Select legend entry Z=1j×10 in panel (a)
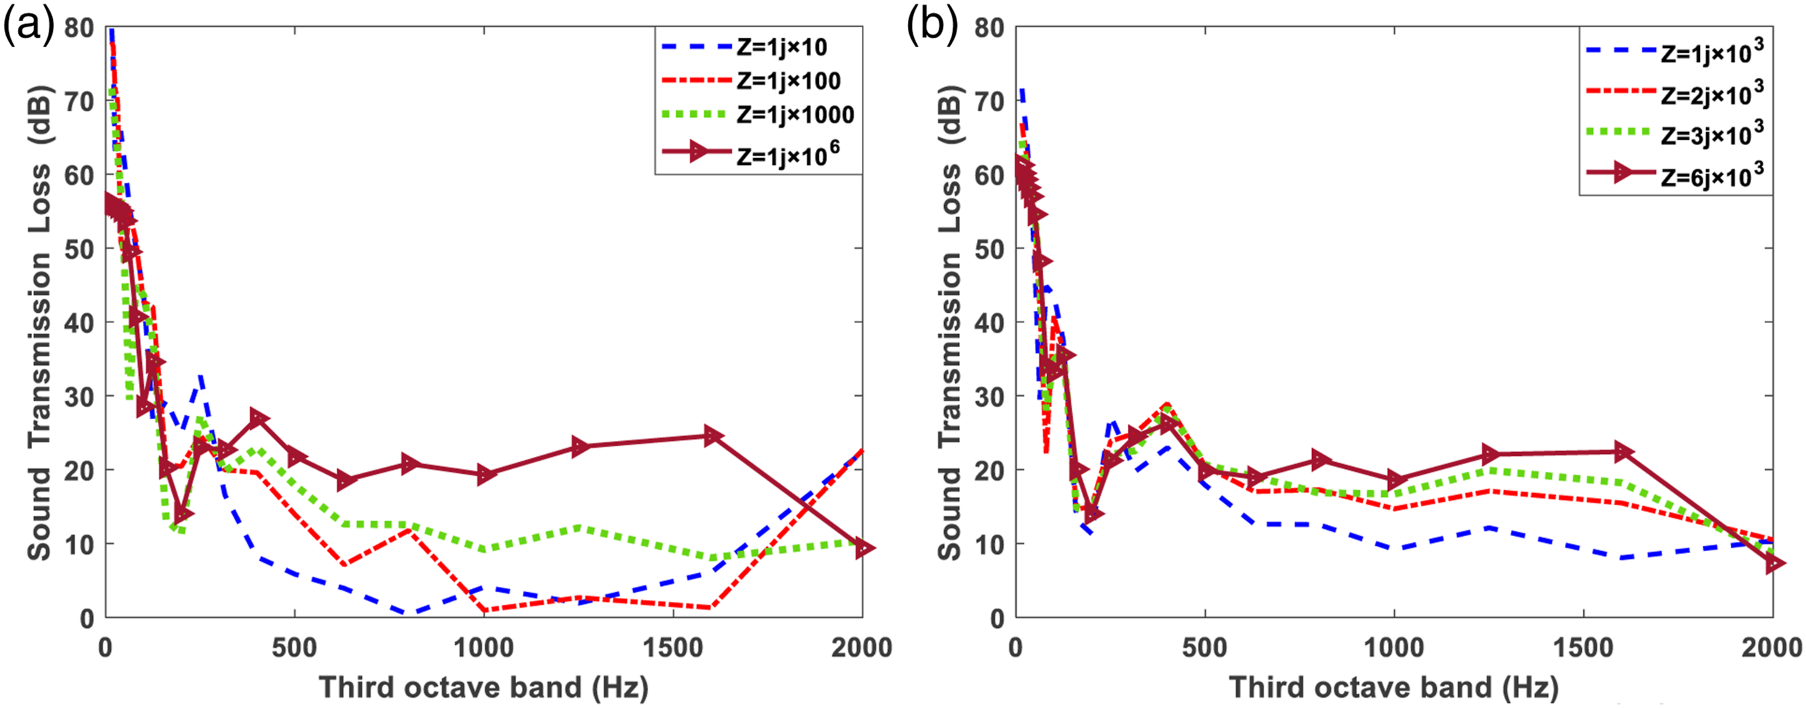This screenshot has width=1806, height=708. [744, 47]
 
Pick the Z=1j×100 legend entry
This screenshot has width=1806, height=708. [750, 81]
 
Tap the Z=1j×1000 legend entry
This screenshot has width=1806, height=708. [757, 115]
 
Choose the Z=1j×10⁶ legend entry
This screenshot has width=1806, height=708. [750, 153]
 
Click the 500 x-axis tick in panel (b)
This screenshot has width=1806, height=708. [1204, 648]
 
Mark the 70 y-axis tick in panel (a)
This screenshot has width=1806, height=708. [79, 101]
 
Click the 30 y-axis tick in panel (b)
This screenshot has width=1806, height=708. [989, 396]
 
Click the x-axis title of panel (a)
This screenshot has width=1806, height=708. [484, 687]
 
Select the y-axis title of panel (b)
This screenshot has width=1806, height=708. [951, 323]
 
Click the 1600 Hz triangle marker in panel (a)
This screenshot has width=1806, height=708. [713, 435]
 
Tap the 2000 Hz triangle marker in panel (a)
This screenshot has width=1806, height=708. [864, 548]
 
